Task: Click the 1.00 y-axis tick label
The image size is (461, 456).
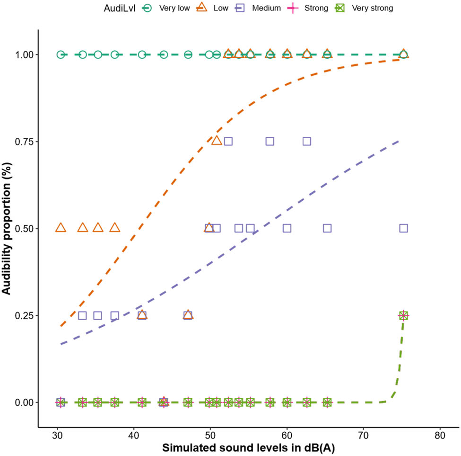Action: (x=22, y=54)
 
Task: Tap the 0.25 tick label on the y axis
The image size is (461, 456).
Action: (x=22, y=315)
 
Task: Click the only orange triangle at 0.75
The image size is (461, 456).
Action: (x=217, y=141)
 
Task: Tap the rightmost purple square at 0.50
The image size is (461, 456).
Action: (x=403, y=228)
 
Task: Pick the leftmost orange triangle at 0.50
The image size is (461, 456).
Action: (x=61, y=228)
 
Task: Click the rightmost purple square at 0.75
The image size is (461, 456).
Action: (x=306, y=141)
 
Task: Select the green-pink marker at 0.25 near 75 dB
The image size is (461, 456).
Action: (x=403, y=315)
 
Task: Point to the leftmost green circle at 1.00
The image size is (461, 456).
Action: (x=61, y=54)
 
